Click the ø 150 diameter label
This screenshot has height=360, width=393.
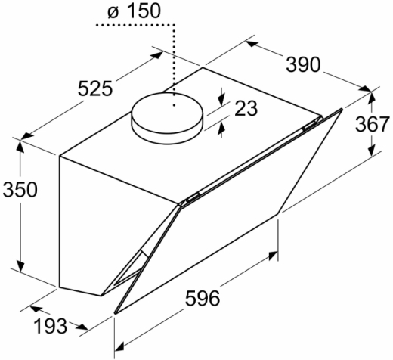[x=134, y=11]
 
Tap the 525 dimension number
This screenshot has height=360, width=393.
[x=95, y=88]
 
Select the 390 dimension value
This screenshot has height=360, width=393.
[x=303, y=65]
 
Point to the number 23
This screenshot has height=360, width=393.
[x=246, y=108]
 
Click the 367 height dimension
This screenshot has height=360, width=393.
[x=373, y=124]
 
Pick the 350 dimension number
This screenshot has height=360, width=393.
[x=20, y=189]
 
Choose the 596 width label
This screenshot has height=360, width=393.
[x=203, y=298]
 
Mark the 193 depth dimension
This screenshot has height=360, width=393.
[x=51, y=326]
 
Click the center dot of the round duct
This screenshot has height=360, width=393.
[x=174, y=105]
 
